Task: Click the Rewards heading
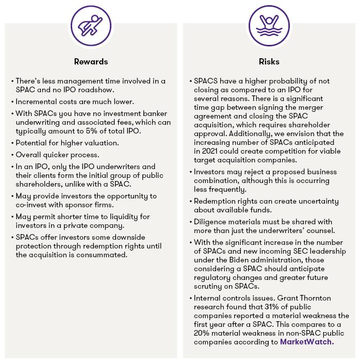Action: tap(90, 62)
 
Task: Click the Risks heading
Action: tap(269, 62)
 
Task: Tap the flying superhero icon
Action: tap(91, 26)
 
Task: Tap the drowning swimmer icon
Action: tap(269, 26)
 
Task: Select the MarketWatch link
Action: tap(306, 342)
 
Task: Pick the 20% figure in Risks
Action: tap(202, 333)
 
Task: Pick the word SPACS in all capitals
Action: tap(205, 81)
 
